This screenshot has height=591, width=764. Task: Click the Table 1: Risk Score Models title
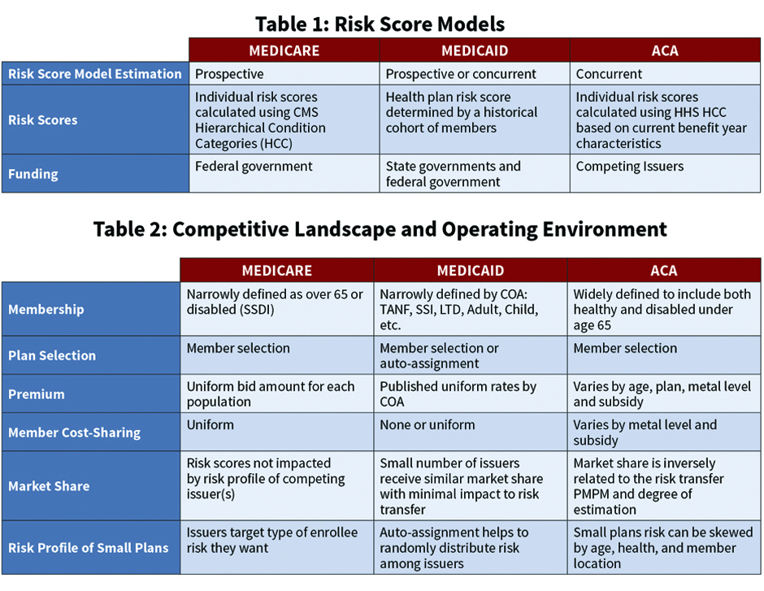pos(380,24)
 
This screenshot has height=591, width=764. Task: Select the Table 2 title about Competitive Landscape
pos(380,229)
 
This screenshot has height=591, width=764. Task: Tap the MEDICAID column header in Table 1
pos(475,50)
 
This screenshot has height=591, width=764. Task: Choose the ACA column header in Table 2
pos(664,271)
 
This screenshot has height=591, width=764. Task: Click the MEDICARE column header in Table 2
pos(277,271)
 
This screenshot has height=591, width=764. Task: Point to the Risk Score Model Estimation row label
pos(95,74)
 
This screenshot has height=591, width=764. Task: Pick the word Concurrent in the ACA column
pos(609,74)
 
